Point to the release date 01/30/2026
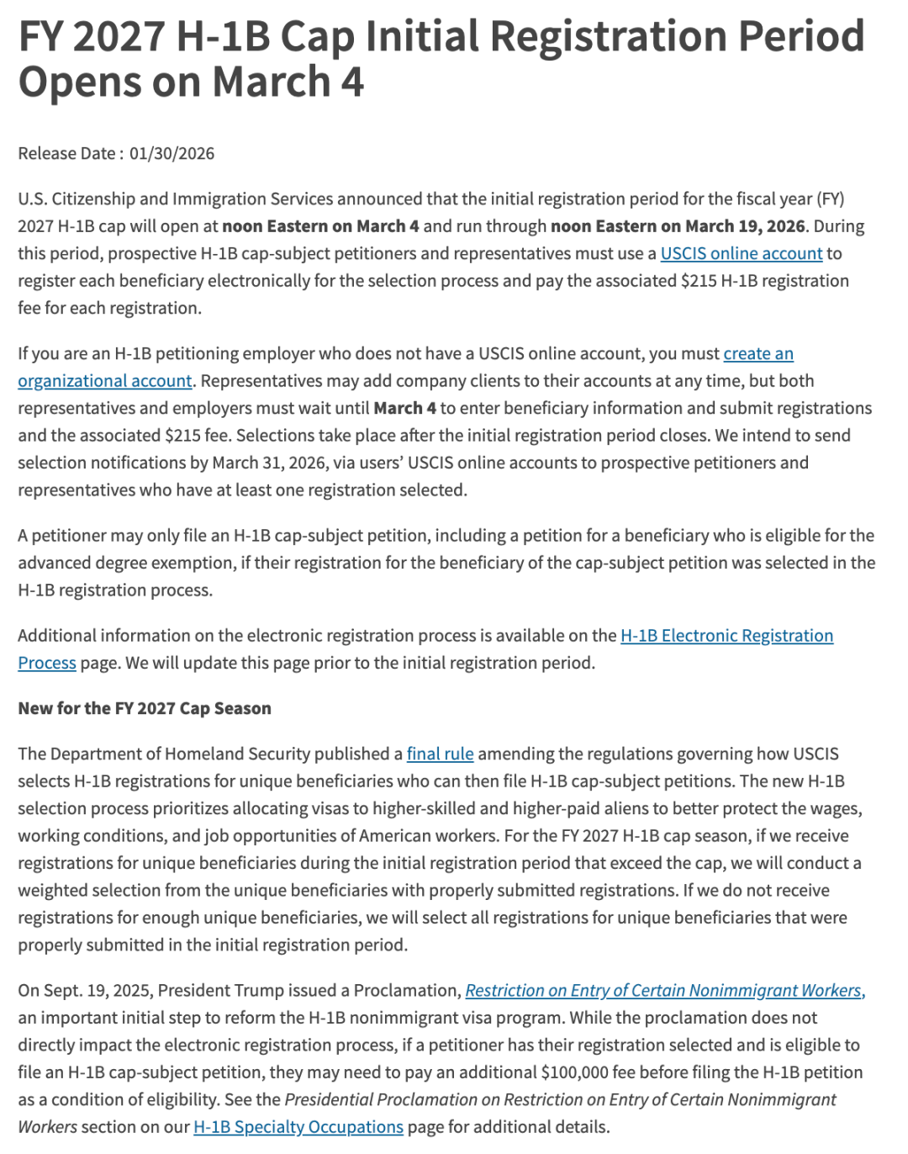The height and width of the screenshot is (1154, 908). (172, 153)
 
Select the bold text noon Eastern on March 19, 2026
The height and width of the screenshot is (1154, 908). (678, 226)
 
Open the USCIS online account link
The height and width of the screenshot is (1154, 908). (741, 253)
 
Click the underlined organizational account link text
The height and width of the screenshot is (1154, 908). (105, 381)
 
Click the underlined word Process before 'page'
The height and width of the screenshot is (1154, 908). (47, 663)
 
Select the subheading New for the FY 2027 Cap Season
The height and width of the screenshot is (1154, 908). (145, 708)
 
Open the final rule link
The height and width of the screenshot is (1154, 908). (440, 754)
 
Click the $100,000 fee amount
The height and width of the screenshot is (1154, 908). (581, 1072)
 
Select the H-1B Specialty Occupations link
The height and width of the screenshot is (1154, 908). (298, 1127)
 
